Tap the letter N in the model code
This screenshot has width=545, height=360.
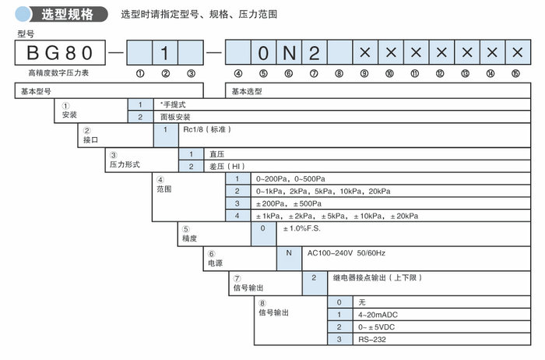point(289,54)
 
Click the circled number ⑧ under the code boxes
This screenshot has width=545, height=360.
point(339,74)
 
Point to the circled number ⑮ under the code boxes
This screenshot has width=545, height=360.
point(515,74)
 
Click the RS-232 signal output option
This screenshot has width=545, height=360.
point(371,339)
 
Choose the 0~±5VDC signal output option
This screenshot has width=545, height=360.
point(378,326)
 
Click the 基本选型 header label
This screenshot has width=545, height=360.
point(248,91)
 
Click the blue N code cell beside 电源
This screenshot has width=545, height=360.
point(289,253)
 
